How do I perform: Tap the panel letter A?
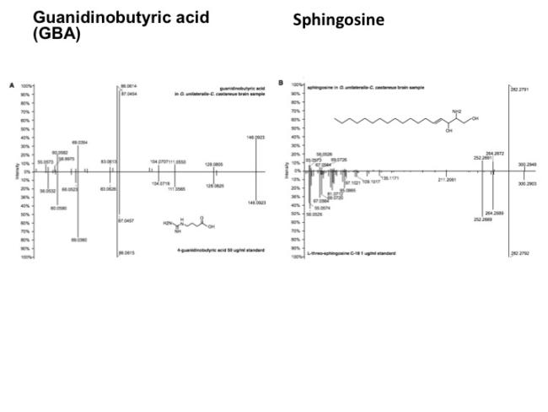(x=12, y=85)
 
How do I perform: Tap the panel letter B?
(x=281, y=83)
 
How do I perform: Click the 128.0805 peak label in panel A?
(x=214, y=164)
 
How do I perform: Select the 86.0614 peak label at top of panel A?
(x=130, y=86)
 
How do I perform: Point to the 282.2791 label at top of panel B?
(x=519, y=87)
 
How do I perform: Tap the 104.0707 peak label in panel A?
(x=159, y=160)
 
